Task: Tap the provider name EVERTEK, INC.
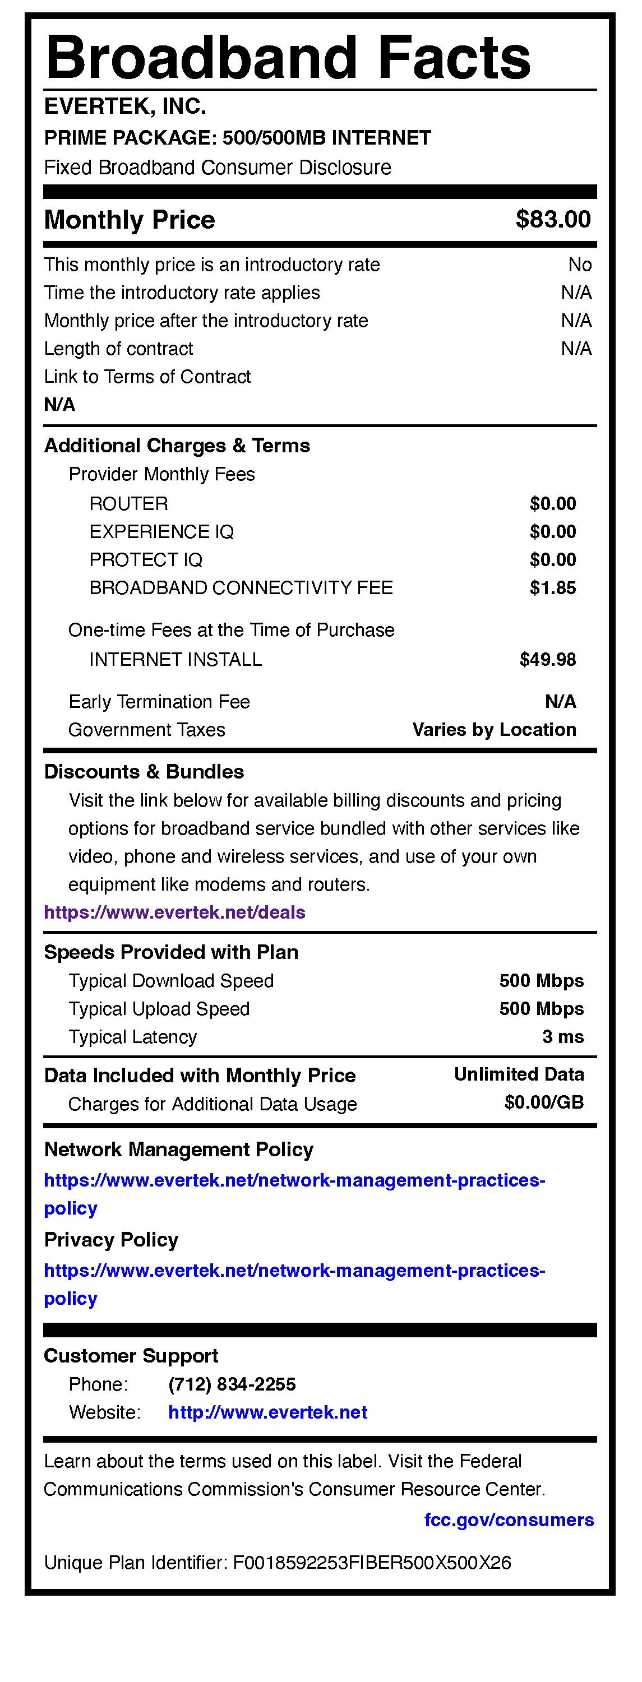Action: point(124,106)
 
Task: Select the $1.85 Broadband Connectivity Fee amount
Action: point(552,587)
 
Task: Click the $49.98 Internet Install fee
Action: point(547,660)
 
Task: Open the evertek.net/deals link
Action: point(174,912)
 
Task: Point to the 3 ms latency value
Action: point(562,1037)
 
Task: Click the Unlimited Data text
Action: point(519,1074)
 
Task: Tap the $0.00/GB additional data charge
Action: point(543,1103)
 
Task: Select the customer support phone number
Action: point(232,1384)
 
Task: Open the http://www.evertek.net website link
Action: point(268,1412)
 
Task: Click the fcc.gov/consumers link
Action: point(509,1520)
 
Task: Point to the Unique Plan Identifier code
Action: point(372,1563)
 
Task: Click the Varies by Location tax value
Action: point(494,729)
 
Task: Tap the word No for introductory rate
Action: point(579,265)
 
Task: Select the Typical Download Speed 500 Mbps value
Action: point(542,981)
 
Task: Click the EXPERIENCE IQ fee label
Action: point(161,531)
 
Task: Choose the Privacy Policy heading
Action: point(111,1239)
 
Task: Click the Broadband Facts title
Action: point(288,58)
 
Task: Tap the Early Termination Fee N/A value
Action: point(560,701)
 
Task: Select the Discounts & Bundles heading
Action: point(144,772)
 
